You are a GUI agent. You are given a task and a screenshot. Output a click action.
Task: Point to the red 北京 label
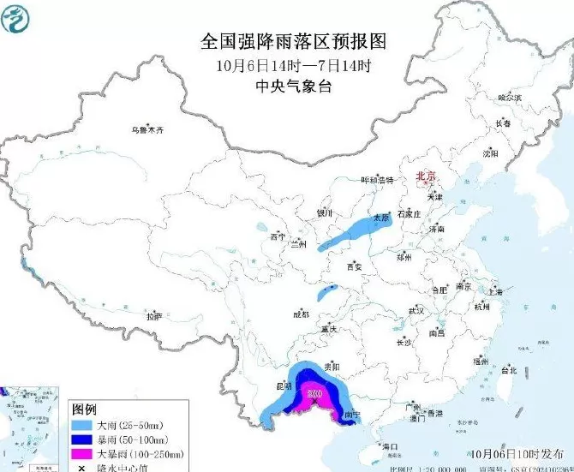425,176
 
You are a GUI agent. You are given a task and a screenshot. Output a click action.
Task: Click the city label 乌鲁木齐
146,130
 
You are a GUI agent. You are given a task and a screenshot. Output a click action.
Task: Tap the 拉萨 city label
153,316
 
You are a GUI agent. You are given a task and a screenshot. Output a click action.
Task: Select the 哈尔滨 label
510,99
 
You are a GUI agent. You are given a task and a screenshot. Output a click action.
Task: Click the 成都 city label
301,314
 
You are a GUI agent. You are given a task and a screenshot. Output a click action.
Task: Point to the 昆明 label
284,386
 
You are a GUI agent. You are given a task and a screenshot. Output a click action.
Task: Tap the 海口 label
391,446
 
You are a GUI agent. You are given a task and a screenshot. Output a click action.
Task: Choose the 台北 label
509,371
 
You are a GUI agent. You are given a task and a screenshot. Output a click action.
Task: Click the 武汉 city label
416,310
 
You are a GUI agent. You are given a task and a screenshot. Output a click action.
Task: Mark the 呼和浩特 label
376,181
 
